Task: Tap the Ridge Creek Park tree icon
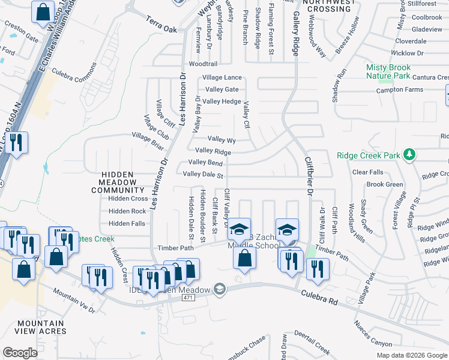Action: pos(410,155)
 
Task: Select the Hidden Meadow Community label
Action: pos(118,182)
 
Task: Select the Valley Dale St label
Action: pos(203,175)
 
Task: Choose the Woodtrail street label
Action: pos(203,64)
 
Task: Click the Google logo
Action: pos(20,353)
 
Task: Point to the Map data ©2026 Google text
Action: pos(412,355)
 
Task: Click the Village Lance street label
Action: pos(222,77)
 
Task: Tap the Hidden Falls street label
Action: pos(127,224)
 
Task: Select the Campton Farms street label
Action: pos(400,90)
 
